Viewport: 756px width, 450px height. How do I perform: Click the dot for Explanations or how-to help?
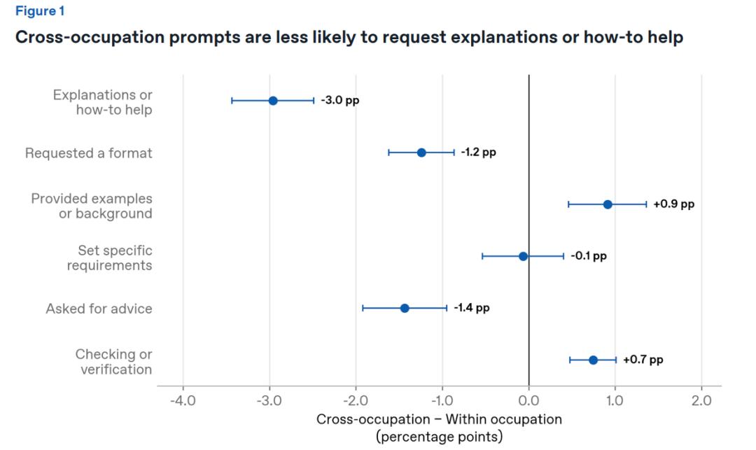click(273, 101)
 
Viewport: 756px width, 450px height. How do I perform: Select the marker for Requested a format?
click(421, 153)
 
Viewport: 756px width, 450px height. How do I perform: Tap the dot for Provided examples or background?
click(608, 204)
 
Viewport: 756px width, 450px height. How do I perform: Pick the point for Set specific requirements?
click(523, 256)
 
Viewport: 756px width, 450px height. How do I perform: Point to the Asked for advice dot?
click(405, 309)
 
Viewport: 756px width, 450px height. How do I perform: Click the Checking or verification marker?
click(593, 360)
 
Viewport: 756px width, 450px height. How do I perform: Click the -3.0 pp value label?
click(340, 100)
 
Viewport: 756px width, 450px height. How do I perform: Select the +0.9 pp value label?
click(673, 204)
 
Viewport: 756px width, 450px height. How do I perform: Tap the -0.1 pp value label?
click(589, 256)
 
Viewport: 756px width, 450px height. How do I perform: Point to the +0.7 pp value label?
click(643, 360)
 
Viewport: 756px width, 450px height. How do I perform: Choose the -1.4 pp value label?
click(472, 307)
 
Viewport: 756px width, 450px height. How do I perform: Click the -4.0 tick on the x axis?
click(183, 400)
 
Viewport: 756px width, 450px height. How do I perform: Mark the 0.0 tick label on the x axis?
click(528, 400)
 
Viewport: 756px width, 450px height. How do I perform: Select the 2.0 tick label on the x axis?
click(701, 400)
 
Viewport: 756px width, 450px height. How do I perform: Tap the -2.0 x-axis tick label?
click(356, 400)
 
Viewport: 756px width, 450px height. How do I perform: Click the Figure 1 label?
click(40, 11)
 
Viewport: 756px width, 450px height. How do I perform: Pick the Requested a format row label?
click(89, 153)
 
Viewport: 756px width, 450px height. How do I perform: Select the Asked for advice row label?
click(99, 309)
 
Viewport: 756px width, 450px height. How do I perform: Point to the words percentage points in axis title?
click(439, 437)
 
